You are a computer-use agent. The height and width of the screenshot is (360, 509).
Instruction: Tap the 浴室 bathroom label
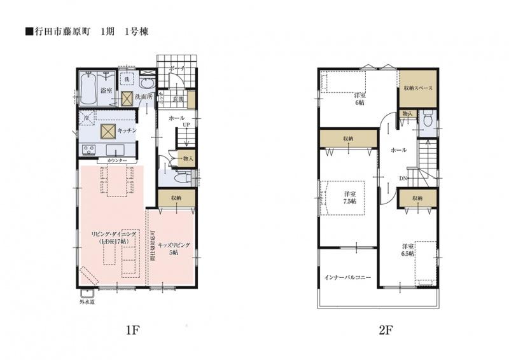click(x=107, y=91)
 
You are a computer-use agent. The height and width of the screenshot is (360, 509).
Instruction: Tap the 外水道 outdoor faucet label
click(x=87, y=302)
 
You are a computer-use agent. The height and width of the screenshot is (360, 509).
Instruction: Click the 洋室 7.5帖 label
click(x=349, y=197)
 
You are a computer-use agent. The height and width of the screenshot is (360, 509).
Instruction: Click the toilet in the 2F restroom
click(x=429, y=118)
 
